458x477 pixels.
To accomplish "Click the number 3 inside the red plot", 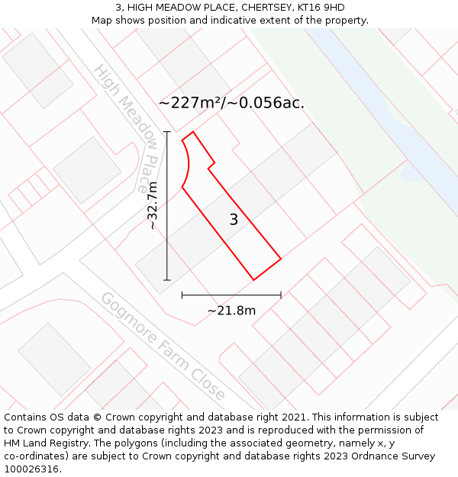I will point(234,220).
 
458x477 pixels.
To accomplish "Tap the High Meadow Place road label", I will point(126,127).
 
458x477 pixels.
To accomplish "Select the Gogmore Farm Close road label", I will point(163,346).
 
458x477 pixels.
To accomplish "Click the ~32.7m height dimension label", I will point(153,205).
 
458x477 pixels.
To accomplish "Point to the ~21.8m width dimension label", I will point(231,310).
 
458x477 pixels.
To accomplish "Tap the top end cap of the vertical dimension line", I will point(167,132).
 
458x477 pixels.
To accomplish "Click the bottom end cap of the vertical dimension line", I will point(167,280).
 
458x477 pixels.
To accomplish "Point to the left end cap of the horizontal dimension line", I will point(182,295).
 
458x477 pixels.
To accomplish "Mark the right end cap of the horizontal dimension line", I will point(281,295).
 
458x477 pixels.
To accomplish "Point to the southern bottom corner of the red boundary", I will point(253,280).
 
